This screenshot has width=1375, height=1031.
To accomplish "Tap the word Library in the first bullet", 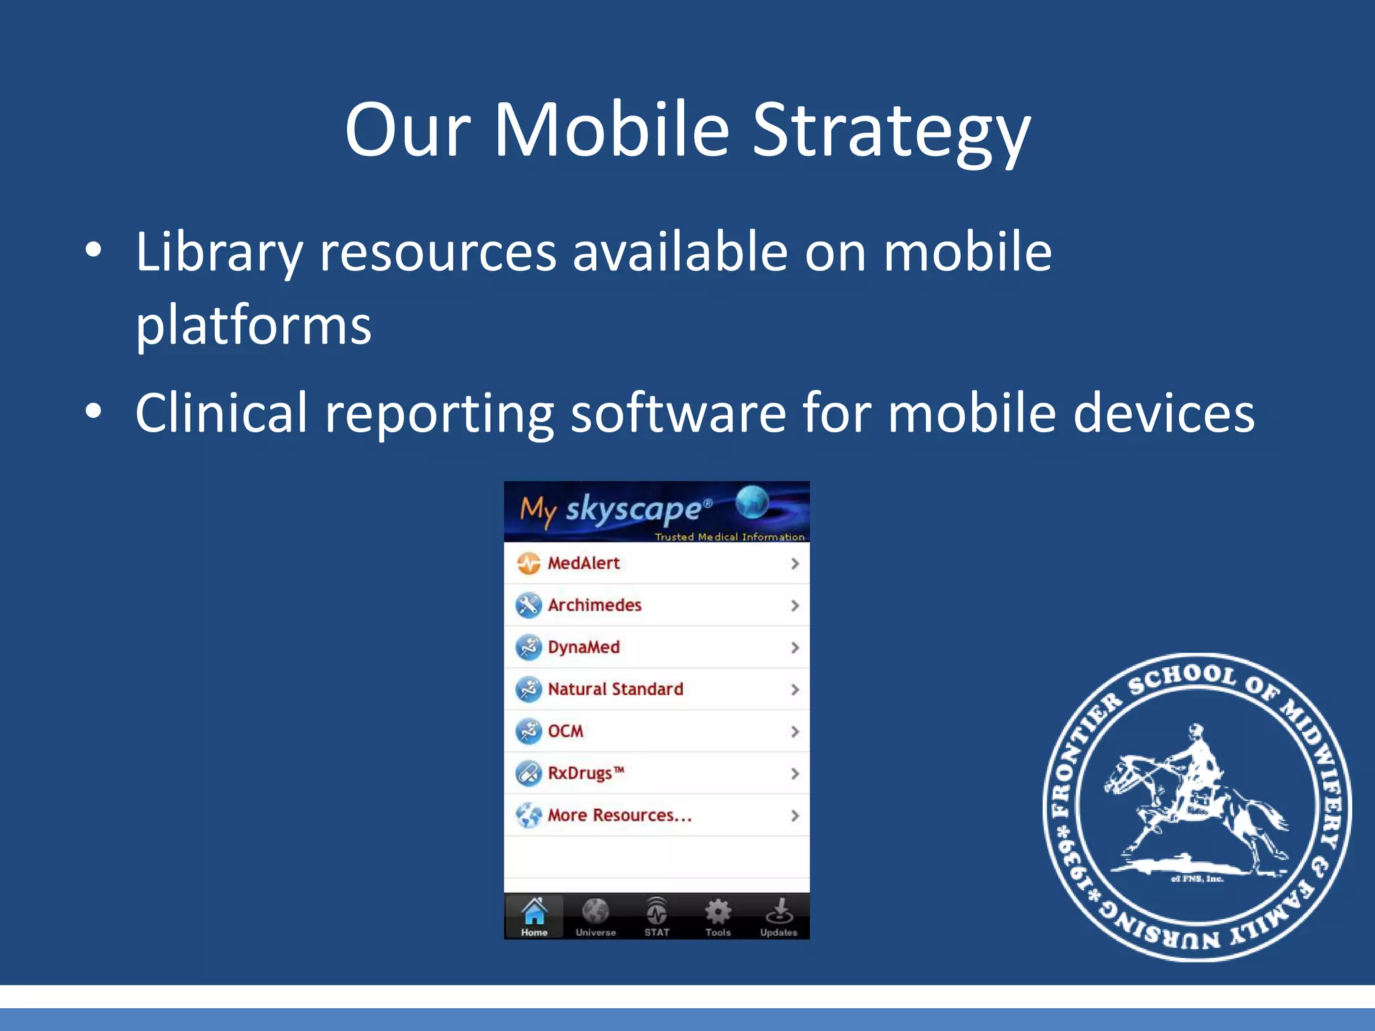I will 219,252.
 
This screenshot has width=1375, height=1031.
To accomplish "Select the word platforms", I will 253,325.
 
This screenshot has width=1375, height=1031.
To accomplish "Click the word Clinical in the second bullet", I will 221,413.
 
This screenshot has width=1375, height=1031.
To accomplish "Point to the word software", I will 678,413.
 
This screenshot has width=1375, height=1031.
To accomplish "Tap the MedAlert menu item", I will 583,563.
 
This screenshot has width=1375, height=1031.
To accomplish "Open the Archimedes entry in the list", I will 594,605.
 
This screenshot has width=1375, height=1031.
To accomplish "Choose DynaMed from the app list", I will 583,647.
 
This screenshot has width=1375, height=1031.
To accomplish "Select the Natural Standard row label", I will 615,689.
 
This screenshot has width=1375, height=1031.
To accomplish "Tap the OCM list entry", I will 565,731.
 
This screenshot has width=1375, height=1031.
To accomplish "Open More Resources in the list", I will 619,816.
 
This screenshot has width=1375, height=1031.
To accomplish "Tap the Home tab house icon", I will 534,912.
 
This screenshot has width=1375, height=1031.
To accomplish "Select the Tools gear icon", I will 718,912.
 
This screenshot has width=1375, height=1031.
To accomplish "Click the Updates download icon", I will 779,912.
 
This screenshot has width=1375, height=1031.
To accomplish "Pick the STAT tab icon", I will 657,912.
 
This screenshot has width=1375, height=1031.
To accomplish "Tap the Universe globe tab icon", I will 596,912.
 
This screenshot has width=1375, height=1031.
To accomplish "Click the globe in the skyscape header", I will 752,503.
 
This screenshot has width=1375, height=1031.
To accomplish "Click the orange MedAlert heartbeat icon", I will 528,563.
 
